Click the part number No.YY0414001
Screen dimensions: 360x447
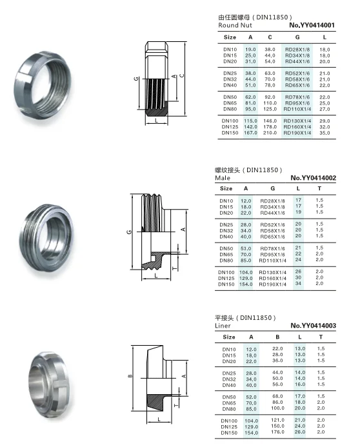point(312,25)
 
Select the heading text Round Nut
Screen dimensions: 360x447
point(235,25)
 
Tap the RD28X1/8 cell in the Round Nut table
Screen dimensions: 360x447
point(297,50)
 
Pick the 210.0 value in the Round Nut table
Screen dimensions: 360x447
point(270,133)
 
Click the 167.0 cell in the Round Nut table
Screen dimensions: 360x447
point(250,133)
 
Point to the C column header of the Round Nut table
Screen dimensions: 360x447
point(270,37)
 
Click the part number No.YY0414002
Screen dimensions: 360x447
point(314,178)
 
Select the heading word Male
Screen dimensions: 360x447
point(223,178)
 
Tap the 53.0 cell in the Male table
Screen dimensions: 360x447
point(246,248)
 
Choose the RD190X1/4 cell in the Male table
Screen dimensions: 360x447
point(272,284)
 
